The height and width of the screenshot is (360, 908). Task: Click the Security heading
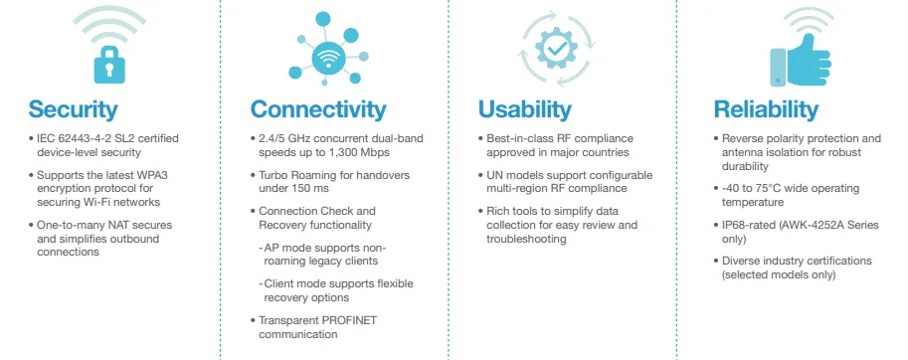tap(73, 108)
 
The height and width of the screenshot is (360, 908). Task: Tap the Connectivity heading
tap(317, 108)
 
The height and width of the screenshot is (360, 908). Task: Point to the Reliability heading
tap(766, 108)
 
